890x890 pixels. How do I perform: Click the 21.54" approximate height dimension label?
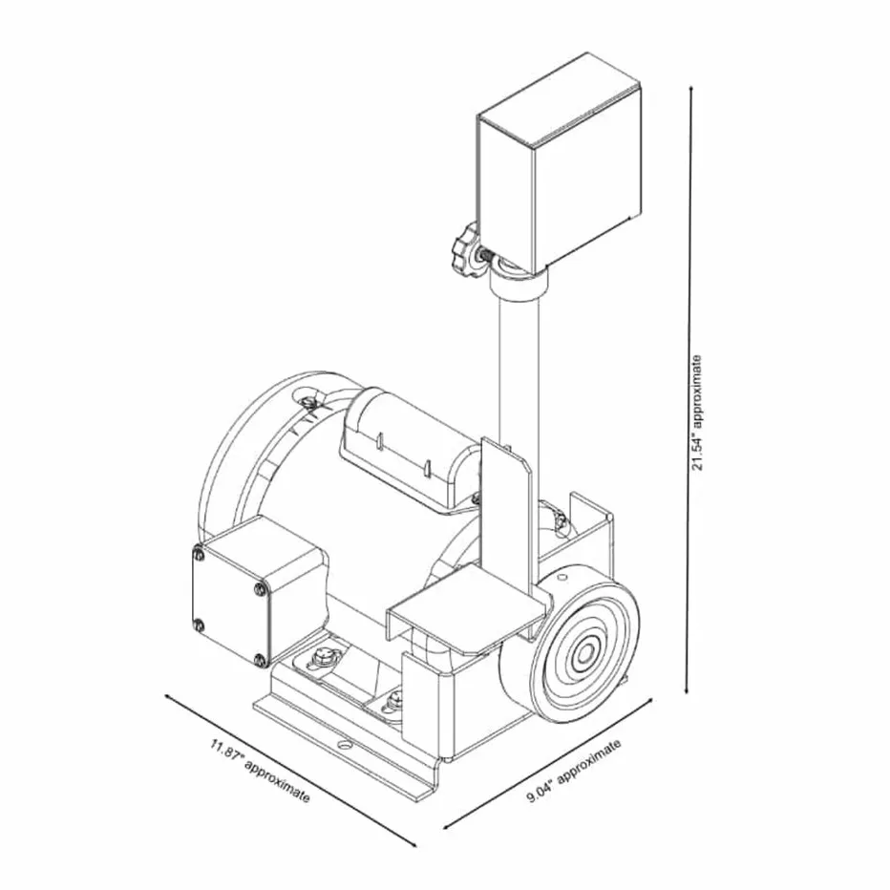coord(697,413)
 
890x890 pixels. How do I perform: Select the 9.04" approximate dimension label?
coord(574,771)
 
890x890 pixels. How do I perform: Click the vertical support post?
coord(518,369)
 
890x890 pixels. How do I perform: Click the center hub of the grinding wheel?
coord(583,656)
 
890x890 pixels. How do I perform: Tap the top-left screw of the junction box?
coord(198,554)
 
